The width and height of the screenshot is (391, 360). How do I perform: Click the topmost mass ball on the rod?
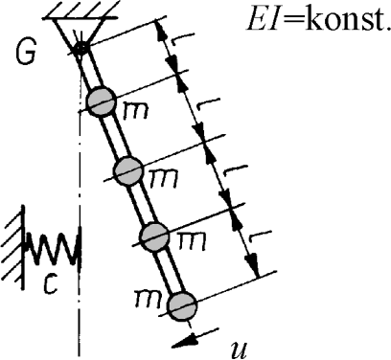[x=102, y=101]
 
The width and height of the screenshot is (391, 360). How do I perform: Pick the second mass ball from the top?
[x=127, y=171]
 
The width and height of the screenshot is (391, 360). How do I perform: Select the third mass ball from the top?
[x=154, y=236]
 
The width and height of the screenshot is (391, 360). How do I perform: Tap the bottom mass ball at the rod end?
[x=181, y=305]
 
